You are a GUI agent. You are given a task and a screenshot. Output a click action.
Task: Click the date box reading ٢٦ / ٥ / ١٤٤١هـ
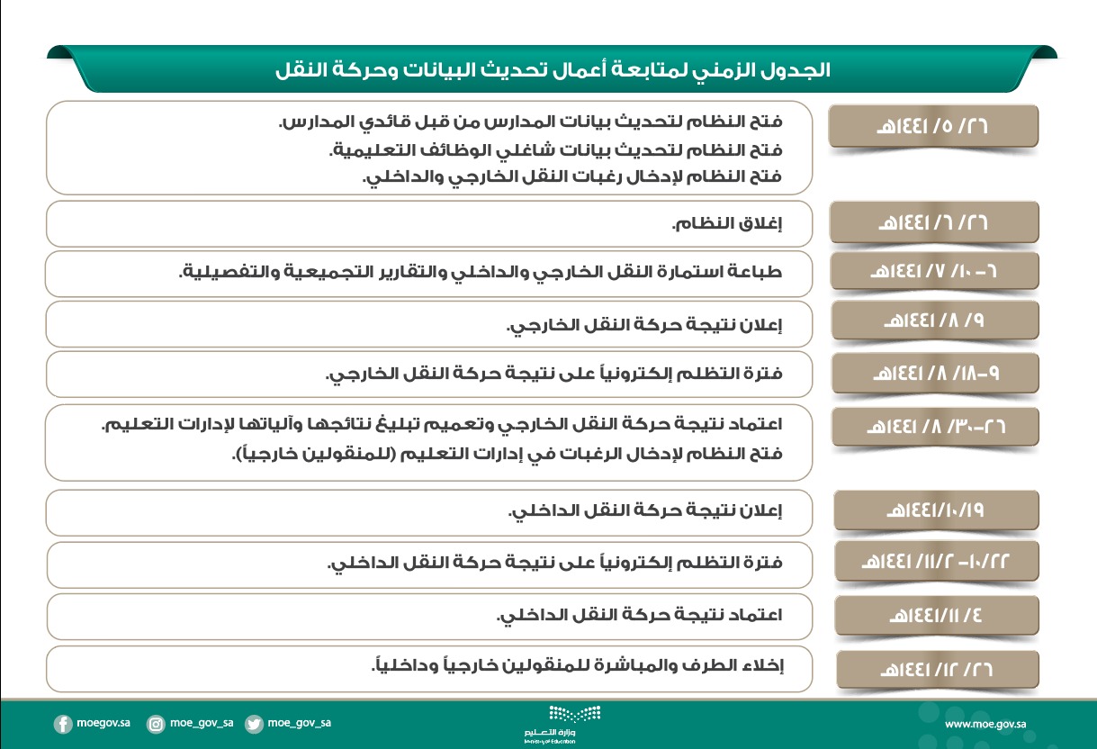[x=933, y=127]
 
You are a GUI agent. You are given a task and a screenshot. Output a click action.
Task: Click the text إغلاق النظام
[x=728, y=224]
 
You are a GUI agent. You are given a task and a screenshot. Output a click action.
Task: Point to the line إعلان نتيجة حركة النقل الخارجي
[x=645, y=325]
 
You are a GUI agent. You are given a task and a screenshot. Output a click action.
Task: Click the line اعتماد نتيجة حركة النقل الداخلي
[x=640, y=616]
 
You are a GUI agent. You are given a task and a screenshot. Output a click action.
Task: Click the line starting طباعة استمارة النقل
[x=481, y=273]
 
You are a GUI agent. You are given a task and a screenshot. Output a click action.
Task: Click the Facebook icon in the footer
[x=63, y=724]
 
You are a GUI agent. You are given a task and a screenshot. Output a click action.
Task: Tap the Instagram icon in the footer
[x=157, y=724]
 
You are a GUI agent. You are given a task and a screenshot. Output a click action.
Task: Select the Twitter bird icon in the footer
[x=255, y=724]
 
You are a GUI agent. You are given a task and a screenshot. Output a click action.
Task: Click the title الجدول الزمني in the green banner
[x=553, y=69]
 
